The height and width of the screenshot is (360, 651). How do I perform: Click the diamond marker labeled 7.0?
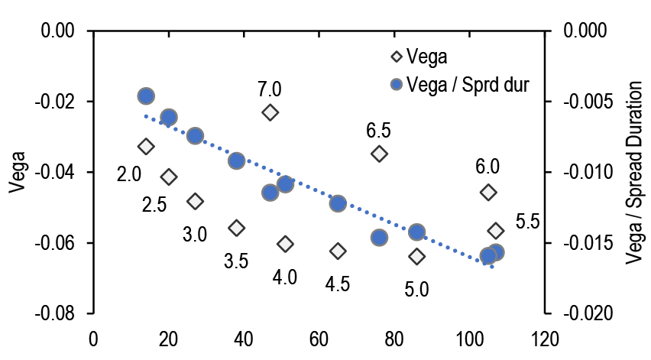click(270, 112)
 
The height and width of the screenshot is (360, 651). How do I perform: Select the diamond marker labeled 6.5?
click(379, 154)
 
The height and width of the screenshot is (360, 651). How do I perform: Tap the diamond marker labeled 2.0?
click(146, 146)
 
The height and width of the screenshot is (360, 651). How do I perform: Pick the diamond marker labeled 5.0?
click(416, 256)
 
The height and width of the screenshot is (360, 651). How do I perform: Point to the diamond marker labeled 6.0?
click(488, 192)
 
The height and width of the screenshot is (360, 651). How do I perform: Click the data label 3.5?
click(236, 261)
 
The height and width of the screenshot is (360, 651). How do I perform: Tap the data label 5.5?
click(528, 222)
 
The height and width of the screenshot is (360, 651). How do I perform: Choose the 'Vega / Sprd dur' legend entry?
click(468, 83)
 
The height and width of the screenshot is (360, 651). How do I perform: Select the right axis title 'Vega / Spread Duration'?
click(633, 172)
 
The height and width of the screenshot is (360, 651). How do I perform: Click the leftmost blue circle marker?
click(146, 96)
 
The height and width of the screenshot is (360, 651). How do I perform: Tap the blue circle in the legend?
click(395, 83)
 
